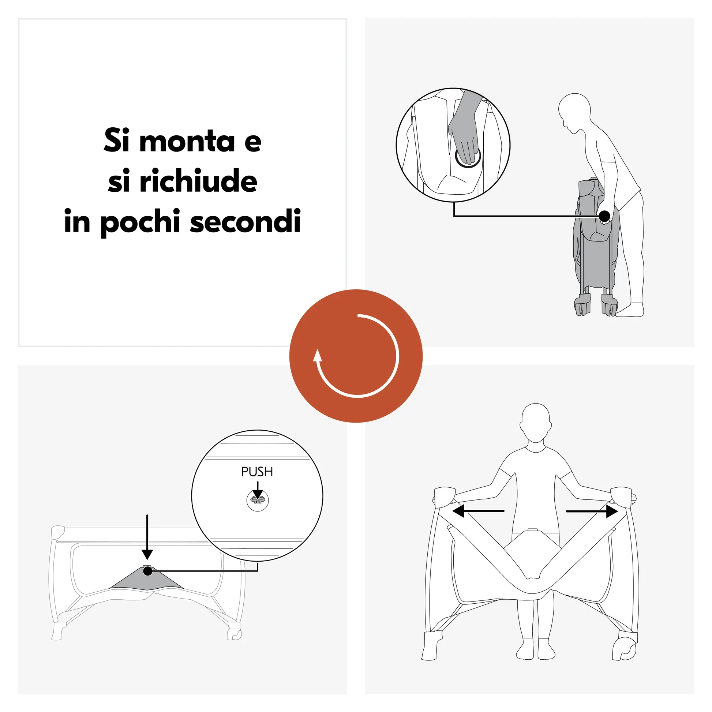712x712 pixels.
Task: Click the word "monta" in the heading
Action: [187, 141]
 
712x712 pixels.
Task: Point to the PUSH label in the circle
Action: [257, 472]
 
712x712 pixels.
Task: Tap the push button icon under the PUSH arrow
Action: [258, 501]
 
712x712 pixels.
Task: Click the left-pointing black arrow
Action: [478, 511]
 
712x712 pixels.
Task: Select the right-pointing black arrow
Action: [592, 511]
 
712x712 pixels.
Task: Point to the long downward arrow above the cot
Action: [147, 537]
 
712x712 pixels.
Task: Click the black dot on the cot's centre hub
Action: [148, 571]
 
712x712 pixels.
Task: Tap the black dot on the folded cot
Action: [604, 216]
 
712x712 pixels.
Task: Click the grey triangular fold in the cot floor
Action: [147, 579]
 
